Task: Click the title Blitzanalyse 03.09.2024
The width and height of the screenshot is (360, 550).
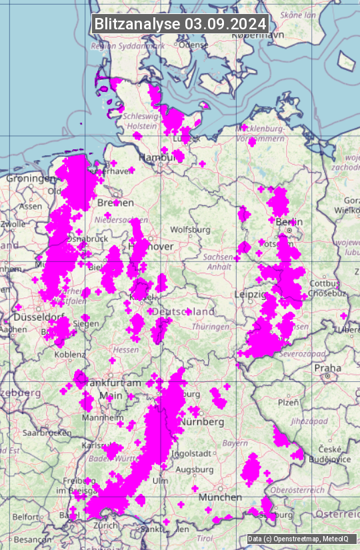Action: (180, 23)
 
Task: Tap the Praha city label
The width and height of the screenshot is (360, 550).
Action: (328, 367)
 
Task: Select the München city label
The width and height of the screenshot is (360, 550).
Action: (219, 497)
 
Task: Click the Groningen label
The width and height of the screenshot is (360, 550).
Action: (30, 179)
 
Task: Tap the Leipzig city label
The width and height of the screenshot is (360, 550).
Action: (251, 295)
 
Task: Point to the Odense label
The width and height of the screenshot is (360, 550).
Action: (193, 45)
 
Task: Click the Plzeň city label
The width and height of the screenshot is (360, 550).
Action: (288, 402)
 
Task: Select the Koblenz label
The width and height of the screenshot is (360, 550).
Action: (69, 355)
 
